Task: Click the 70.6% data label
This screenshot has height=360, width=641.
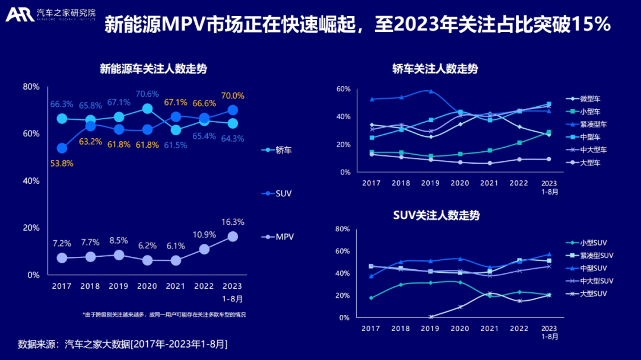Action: pyautogui.click(x=148, y=94)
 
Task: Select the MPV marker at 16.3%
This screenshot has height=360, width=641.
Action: pyautogui.click(x=233, y=236)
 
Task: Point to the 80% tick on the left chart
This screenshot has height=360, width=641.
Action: pyautogui.click(x=31, y=87)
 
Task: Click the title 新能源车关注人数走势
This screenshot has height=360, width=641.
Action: pyautogui.click(x=153, y=69)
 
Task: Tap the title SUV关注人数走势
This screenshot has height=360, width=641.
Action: pyautogui.click(x=436, y=215)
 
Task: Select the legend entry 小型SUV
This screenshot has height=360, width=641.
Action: pyautogui.click(x=594, y=243)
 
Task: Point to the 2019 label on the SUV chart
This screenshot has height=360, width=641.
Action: pyautogui.click(x=430, y=329)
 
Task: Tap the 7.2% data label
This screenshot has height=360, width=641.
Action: pyautogui.click(x=62, y=243)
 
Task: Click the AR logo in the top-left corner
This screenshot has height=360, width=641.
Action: pyautogui.click(x=19, y=15)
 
